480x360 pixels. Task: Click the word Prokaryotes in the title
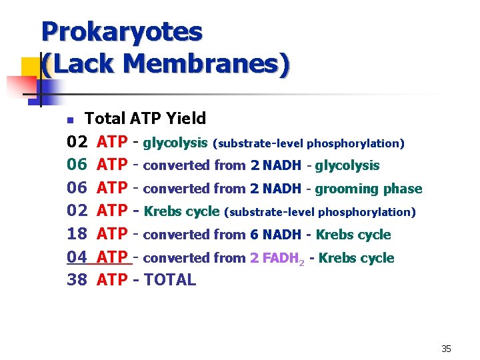[121, 31]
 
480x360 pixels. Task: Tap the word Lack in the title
[83, 64]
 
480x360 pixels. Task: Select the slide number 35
[446, 349]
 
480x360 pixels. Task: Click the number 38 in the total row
[77, 280]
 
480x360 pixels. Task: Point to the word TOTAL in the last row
[170, 280]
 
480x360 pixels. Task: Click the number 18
[77, 234]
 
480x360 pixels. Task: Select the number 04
[77, 257]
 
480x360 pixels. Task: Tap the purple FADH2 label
[276, 258]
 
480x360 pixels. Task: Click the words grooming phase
[369, 189]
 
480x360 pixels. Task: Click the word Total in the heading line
[105, 119]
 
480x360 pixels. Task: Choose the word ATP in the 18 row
[113, 234]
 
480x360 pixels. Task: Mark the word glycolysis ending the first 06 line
[347, 165]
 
